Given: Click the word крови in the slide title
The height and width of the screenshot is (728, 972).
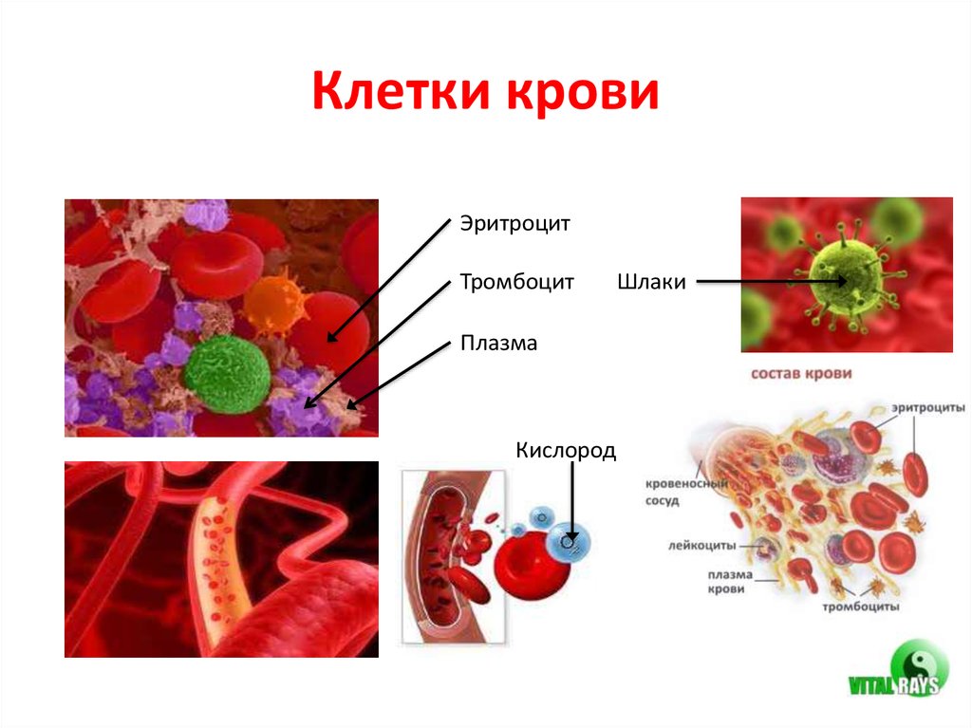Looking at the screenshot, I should pos(587,95).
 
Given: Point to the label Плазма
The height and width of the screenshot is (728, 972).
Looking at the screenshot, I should pos(498,343).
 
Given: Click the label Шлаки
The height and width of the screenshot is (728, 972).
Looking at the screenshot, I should pos(651,283).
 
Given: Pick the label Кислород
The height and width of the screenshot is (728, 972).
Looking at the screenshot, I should pos(566,449).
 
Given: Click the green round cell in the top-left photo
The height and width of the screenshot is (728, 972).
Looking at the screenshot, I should pos(226,372).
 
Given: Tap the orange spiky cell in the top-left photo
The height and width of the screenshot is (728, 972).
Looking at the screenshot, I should pos(274,299).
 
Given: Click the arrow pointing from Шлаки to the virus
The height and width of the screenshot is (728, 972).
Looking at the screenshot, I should pos(769,281).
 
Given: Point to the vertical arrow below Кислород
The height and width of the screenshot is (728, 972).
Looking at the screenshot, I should pos(571,503).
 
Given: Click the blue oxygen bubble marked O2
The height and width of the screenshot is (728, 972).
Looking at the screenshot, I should pos(570,541).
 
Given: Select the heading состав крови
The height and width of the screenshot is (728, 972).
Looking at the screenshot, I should pos(801,373).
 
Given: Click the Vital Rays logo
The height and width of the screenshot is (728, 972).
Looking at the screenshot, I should pos(897,673).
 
